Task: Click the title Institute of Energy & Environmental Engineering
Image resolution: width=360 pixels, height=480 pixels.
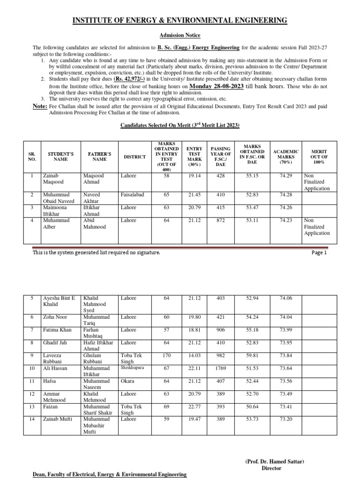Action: point(180,20)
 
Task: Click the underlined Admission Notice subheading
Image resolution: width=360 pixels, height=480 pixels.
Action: point(180,36)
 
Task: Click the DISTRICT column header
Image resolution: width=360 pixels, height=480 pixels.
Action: point(135,156)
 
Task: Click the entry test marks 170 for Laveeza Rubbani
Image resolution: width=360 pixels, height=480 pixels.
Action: point(166,355)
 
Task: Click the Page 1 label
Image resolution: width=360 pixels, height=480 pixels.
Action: point(319,253)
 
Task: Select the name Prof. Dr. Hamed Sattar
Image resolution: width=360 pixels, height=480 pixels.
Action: point(275,461)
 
